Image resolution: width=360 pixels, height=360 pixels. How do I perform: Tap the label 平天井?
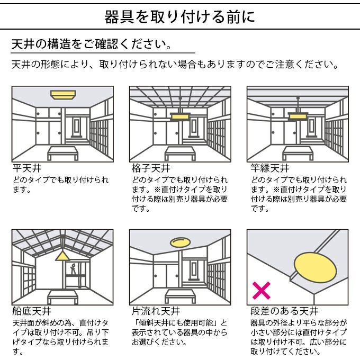click(24, 169)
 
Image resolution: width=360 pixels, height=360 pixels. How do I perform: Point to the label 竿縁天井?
click(270, 169)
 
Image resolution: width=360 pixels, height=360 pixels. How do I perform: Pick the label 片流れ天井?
click(155, 311)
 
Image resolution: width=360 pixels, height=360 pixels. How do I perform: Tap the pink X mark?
click(261, 290)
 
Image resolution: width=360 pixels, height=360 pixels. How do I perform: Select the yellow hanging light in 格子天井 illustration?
click(181, 115)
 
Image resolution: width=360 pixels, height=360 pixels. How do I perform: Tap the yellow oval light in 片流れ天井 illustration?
click(181, 242)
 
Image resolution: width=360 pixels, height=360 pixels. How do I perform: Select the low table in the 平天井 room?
click(64, 152)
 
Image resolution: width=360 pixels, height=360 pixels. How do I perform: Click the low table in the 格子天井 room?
click(181, 152)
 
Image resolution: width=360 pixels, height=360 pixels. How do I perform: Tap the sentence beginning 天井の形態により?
click(175, 65)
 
